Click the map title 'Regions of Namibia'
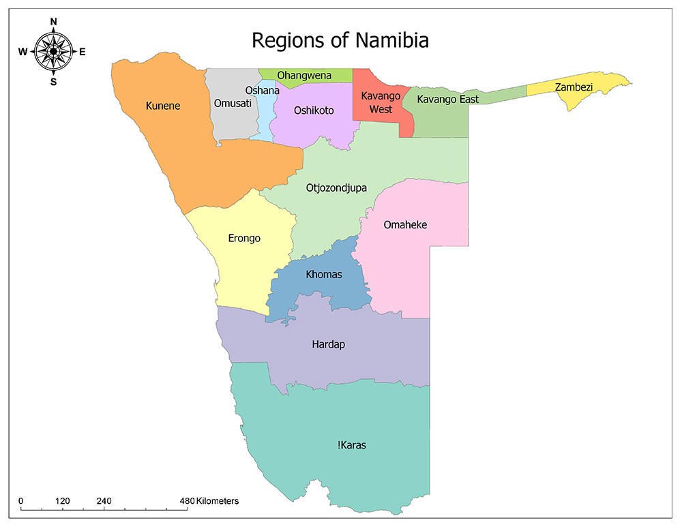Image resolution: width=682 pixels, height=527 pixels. pyautogui.click(x=340, y=40)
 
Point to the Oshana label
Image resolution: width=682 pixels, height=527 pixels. pyautogui.click(x=263, y=91)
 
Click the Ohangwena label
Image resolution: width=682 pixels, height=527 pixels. pyautogui.click(x=304, y=75)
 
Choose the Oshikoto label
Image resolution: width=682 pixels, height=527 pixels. pyautogui.click(x=314, y=110)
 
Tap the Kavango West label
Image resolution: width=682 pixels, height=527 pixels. pyautogui.click(x=376, y=103)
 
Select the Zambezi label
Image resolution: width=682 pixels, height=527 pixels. pyautogui.click(x=573, y=87)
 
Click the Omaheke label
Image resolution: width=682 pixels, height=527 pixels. pyautogui.click(x=405, y=224)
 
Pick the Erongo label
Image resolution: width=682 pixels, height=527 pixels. pyautogui.click(x=244, y=239)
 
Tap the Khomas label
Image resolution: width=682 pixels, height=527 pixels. pyautogui.click(x=323, y=274)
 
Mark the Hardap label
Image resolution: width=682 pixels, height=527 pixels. pyautogui.click(x=329, y=344)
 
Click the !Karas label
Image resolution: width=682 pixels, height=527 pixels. pyautogui.click(x=352, y=445)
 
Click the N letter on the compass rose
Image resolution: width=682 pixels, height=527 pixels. pyautogui.click(x=53, y=22)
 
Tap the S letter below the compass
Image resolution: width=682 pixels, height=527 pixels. pyautogui.click(x=53, y=82)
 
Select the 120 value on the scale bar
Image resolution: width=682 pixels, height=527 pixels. pyautogui.click(x=63, y=501)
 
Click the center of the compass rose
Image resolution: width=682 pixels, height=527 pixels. pyautogui.click(x=53, y=52)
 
